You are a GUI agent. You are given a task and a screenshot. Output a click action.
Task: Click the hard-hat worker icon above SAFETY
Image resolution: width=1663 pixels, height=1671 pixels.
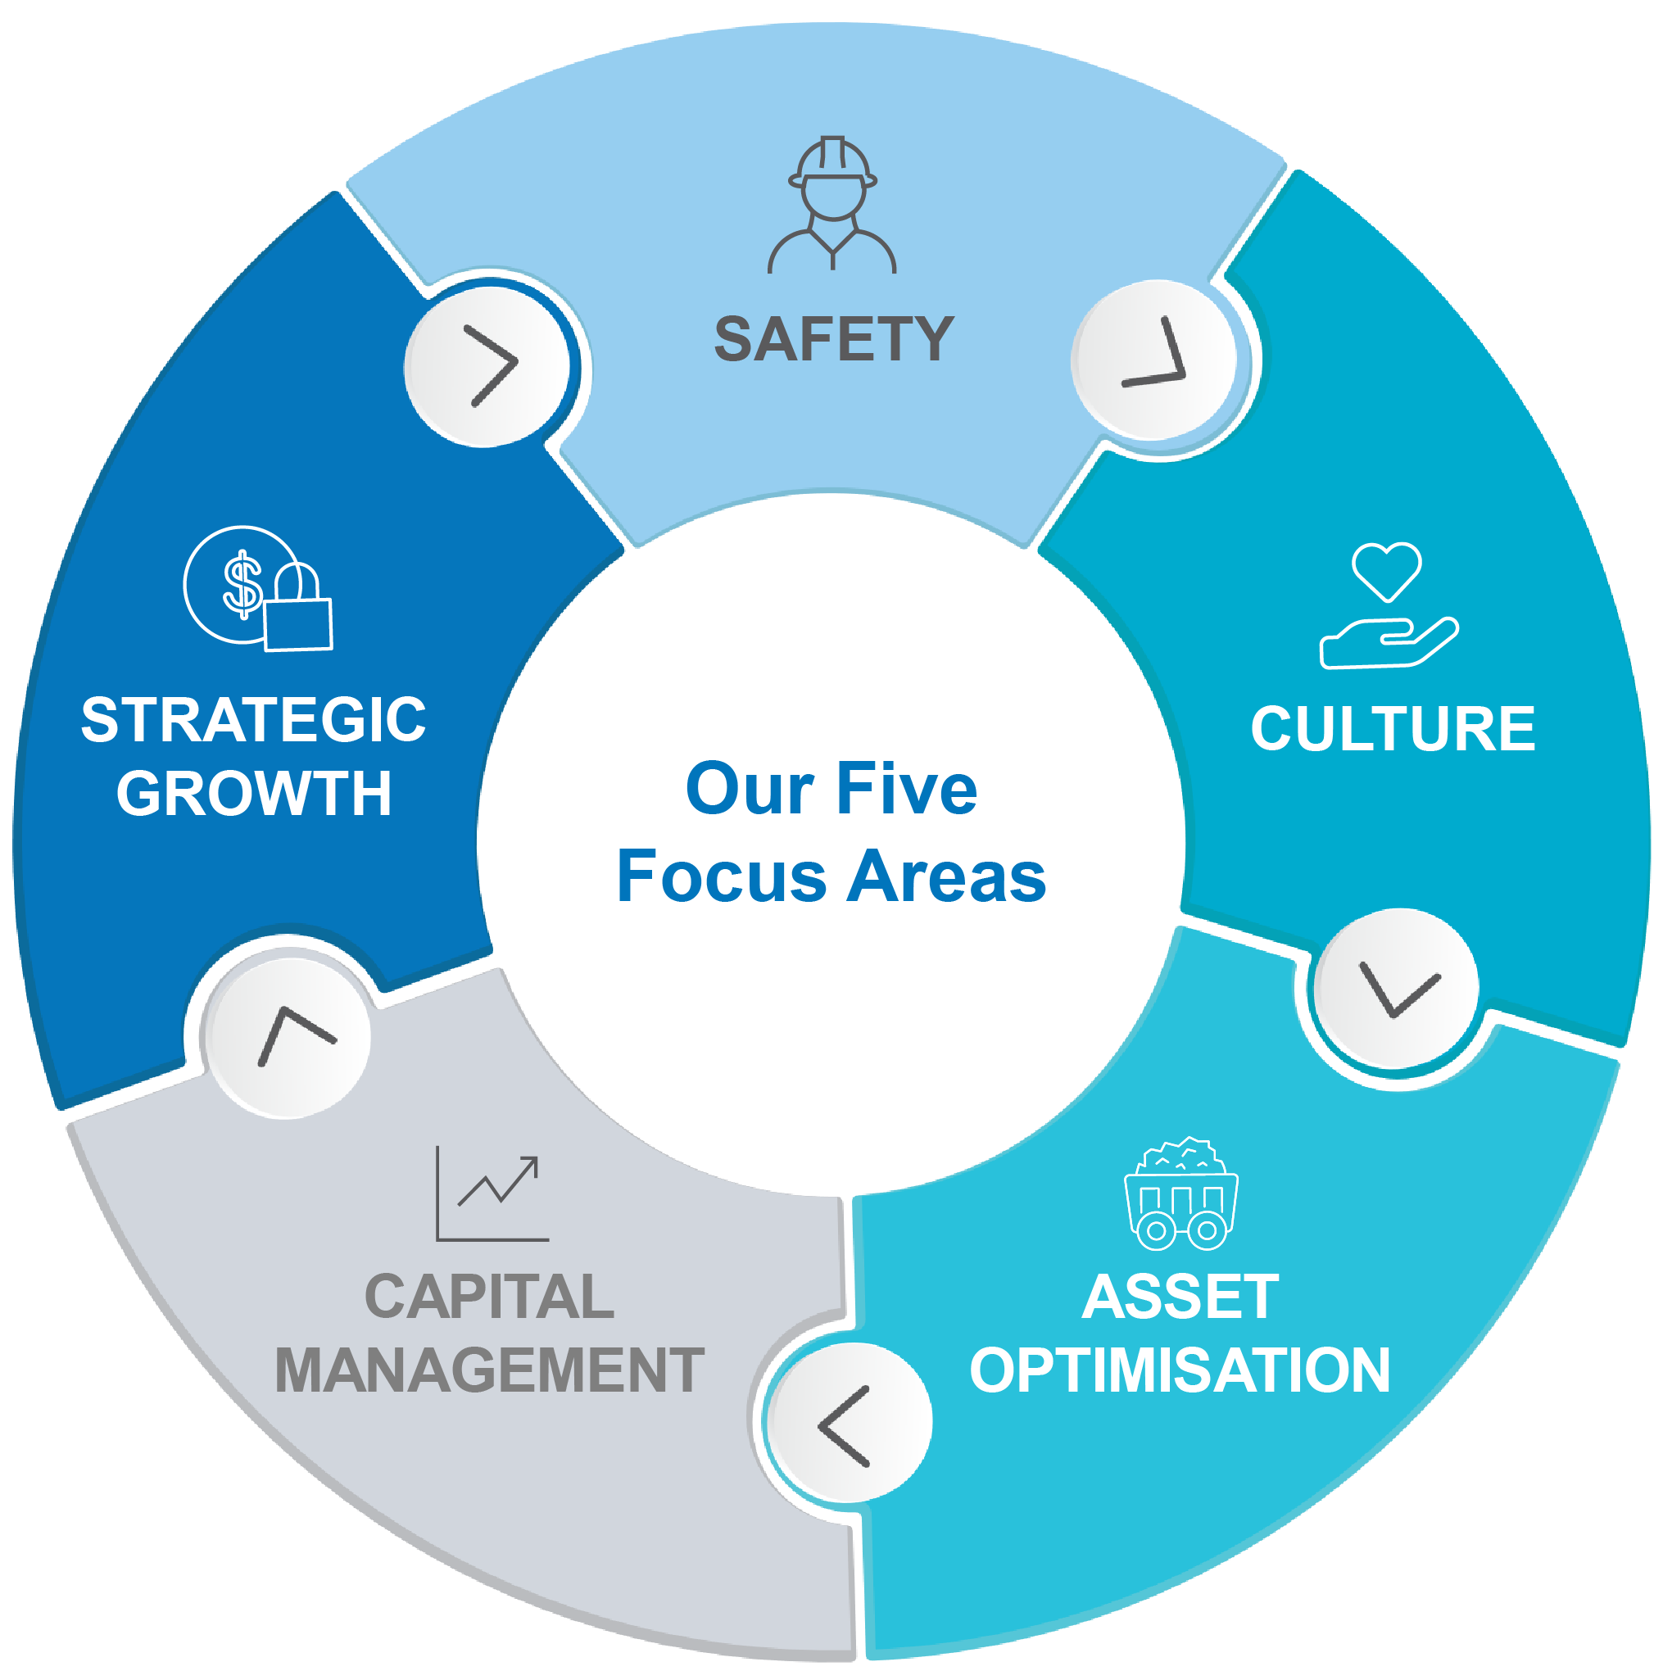tap(832, 205)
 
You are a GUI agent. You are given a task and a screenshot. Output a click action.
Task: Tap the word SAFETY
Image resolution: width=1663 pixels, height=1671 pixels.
tap(834, 339)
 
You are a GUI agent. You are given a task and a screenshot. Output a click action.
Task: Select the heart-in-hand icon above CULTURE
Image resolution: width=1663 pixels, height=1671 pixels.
tap(1388, 605)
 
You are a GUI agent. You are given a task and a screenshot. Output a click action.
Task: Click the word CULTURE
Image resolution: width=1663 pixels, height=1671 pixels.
tap(1393, 729)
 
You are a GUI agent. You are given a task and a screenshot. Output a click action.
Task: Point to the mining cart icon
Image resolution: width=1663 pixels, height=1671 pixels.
tap(1180, 1194)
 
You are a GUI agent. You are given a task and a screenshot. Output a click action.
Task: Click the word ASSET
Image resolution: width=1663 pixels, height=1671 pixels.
tap(1180, 1297)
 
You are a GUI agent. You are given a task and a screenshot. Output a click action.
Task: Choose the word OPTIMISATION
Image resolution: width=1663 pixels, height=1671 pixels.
tap(1180, 1371)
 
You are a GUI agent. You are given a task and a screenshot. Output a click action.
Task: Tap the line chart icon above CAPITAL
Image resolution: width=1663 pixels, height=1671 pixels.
tap(492, 1194)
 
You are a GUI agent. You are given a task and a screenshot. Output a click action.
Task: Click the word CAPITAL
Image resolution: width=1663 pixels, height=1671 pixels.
tap(489, 1297)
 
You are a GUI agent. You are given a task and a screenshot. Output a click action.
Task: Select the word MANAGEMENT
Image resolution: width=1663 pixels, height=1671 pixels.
tap(489, 1371)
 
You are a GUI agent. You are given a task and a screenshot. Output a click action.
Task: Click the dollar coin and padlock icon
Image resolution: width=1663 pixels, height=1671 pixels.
tap(258, 588)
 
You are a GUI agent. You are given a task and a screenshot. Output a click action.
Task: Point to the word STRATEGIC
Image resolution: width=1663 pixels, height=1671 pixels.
tap(253, 720)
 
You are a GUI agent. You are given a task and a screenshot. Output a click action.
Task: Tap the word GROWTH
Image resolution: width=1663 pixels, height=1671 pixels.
tap(253, 793)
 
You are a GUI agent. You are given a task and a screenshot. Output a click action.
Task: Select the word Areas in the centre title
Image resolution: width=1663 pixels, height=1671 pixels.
tap(947, 876)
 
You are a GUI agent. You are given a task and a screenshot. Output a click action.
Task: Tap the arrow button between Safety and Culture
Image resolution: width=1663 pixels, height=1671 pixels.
tap(1155, 360)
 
